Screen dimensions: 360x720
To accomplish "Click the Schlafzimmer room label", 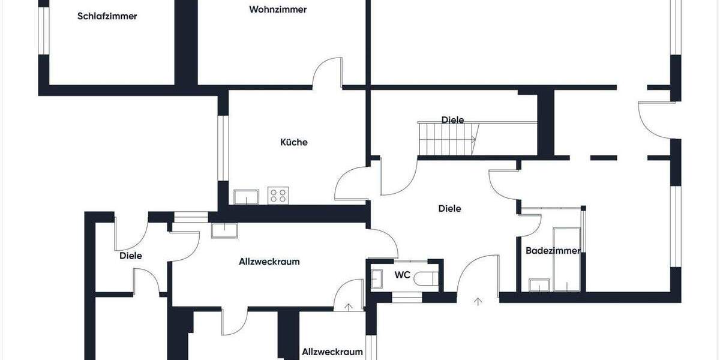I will click(107, 16).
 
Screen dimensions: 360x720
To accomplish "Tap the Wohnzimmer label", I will click(278, 10).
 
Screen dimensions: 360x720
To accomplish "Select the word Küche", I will click(294, 142).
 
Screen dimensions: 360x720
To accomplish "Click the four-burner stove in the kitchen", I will click(278, 196).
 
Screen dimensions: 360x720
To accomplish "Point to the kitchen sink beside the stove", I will click(247, 196).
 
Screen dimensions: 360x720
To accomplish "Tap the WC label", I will click(402, 275).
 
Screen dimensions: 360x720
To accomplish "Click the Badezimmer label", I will click(553, 251).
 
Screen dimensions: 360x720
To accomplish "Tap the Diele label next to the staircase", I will click(452, 120).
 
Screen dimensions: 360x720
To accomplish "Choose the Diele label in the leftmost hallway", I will click(131, 256).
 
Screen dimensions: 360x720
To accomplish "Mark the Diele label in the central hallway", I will click(449, 209).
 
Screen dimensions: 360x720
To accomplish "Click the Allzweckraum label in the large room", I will click(269, 262).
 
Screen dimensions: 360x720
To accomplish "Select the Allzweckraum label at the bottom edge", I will click(332, 352).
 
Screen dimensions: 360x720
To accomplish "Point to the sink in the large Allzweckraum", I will click(224, 230).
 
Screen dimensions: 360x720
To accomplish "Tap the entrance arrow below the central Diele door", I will click(478, 302).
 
